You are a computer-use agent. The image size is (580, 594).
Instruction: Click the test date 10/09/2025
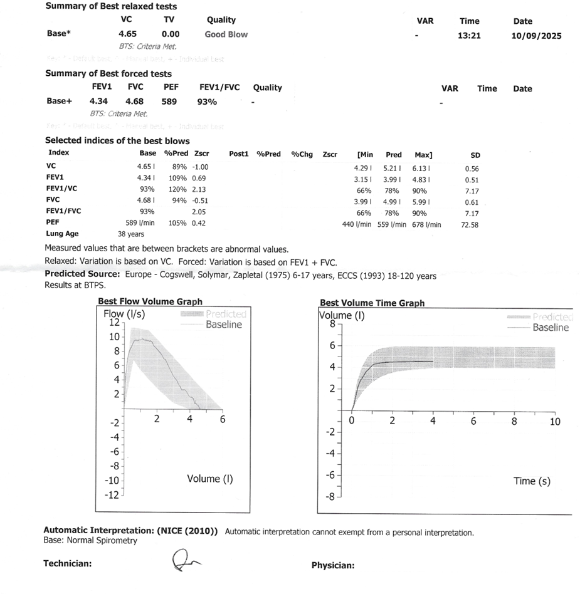[537, 36]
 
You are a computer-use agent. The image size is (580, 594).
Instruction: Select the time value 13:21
[469, 36]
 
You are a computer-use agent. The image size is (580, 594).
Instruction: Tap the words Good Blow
[226, 34]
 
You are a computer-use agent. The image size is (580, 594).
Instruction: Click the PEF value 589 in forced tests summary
[169, 101]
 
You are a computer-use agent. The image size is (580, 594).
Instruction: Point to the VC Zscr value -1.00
[201, 167]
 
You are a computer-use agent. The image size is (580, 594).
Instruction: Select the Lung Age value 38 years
[131, 234]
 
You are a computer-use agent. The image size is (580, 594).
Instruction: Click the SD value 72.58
[470, 224]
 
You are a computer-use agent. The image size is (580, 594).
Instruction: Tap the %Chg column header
[302, 154]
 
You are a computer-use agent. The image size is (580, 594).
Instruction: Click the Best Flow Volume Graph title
[150, 301]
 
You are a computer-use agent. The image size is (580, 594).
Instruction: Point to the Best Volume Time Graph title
[372, 303]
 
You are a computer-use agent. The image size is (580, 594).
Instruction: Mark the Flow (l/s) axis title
[124, 314]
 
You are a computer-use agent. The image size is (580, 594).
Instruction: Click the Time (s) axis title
[532, 481]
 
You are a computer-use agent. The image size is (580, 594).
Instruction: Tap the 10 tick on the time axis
[554, 422]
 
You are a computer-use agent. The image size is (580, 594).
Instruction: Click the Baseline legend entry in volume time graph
[550, 327]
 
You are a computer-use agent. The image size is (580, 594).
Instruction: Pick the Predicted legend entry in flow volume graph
[226, 314]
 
